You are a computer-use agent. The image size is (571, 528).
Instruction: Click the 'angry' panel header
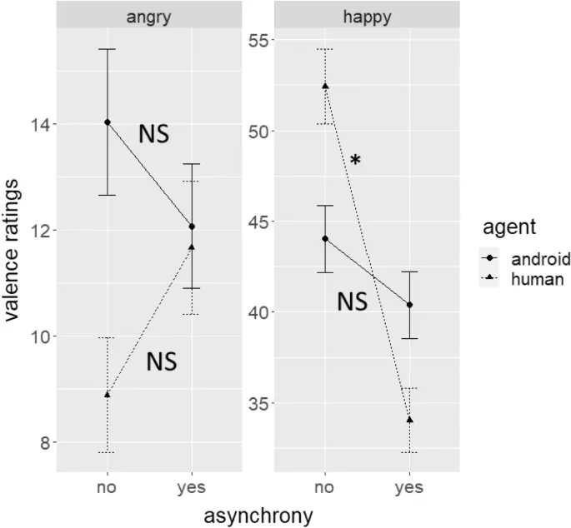149,17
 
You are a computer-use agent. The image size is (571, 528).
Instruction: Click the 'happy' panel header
367,17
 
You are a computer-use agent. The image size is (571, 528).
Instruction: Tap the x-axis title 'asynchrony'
258,516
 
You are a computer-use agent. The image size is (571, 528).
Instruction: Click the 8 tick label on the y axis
38,442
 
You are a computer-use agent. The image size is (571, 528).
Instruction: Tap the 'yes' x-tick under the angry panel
192,487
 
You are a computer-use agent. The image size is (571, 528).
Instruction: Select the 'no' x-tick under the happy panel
325,487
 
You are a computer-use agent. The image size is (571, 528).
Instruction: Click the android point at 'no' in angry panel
108,122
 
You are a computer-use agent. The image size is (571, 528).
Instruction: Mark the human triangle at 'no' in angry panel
108,394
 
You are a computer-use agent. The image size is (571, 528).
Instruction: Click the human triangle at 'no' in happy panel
325,86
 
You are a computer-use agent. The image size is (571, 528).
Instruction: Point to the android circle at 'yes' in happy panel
409,305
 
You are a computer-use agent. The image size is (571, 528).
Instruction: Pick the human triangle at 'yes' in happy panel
409,419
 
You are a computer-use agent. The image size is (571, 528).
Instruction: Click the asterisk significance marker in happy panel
356,161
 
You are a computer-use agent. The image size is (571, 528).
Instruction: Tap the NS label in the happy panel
352,301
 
